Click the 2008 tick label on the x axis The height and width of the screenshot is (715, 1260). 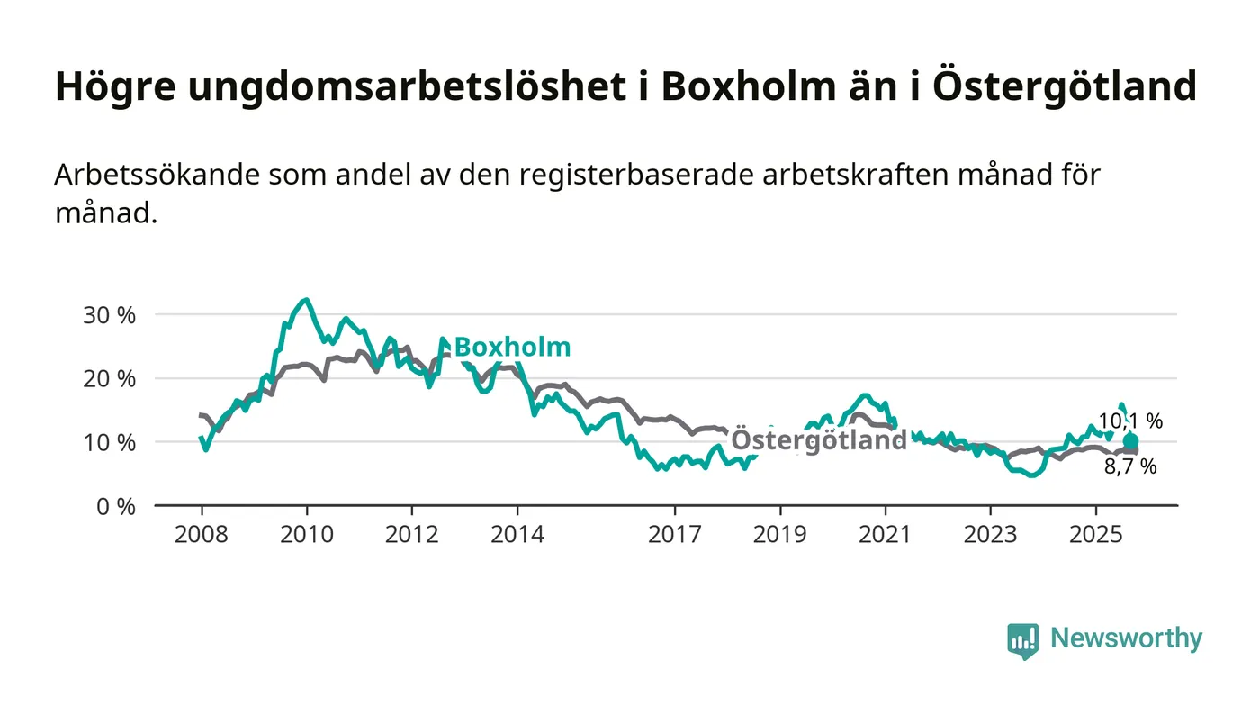pos(201,535)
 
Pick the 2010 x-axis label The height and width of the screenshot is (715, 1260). pos(306,535)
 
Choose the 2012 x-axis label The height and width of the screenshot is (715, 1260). pos(411,535)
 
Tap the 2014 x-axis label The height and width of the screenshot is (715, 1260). pos(517,535)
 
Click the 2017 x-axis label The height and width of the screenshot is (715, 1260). pos(674,535)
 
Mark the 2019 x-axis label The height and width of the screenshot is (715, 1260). pos(779,535)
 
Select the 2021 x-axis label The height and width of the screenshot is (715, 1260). pos(885,535)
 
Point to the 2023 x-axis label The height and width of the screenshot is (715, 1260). pos(990,535)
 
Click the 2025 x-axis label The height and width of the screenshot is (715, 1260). pos(1095,535)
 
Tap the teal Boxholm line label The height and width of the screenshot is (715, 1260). pos(512,348)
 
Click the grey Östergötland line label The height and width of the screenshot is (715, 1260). pos(819,440)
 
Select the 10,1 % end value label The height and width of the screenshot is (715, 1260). pos(1130,421)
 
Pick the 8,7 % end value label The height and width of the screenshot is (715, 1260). pos(1130,466)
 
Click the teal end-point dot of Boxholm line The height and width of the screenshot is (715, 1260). pos(1130,441)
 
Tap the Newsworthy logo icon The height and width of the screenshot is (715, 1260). pos(1022,640)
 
